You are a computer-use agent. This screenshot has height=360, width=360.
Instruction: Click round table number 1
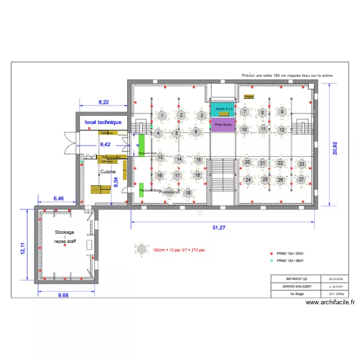163,116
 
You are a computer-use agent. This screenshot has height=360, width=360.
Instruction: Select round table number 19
188,193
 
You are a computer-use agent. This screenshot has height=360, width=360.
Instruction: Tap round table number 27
301,180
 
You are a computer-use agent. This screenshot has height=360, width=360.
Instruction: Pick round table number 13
160,157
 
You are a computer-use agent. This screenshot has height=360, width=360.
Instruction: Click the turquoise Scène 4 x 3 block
222,109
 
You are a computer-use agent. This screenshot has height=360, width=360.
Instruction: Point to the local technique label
103,122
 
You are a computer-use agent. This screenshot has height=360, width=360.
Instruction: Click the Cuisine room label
108,171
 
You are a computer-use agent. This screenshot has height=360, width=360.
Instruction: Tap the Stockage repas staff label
65,237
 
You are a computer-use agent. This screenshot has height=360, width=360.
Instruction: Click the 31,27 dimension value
219,228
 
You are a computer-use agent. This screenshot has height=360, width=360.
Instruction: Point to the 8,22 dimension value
103,102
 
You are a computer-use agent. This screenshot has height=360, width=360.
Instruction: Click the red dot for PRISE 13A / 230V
272,253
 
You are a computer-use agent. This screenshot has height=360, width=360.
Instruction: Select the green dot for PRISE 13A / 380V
272,261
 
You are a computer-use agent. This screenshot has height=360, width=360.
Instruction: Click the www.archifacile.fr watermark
330,302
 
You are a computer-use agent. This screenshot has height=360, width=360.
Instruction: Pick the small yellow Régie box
249,96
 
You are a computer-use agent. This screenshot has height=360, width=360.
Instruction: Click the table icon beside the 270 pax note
142,249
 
